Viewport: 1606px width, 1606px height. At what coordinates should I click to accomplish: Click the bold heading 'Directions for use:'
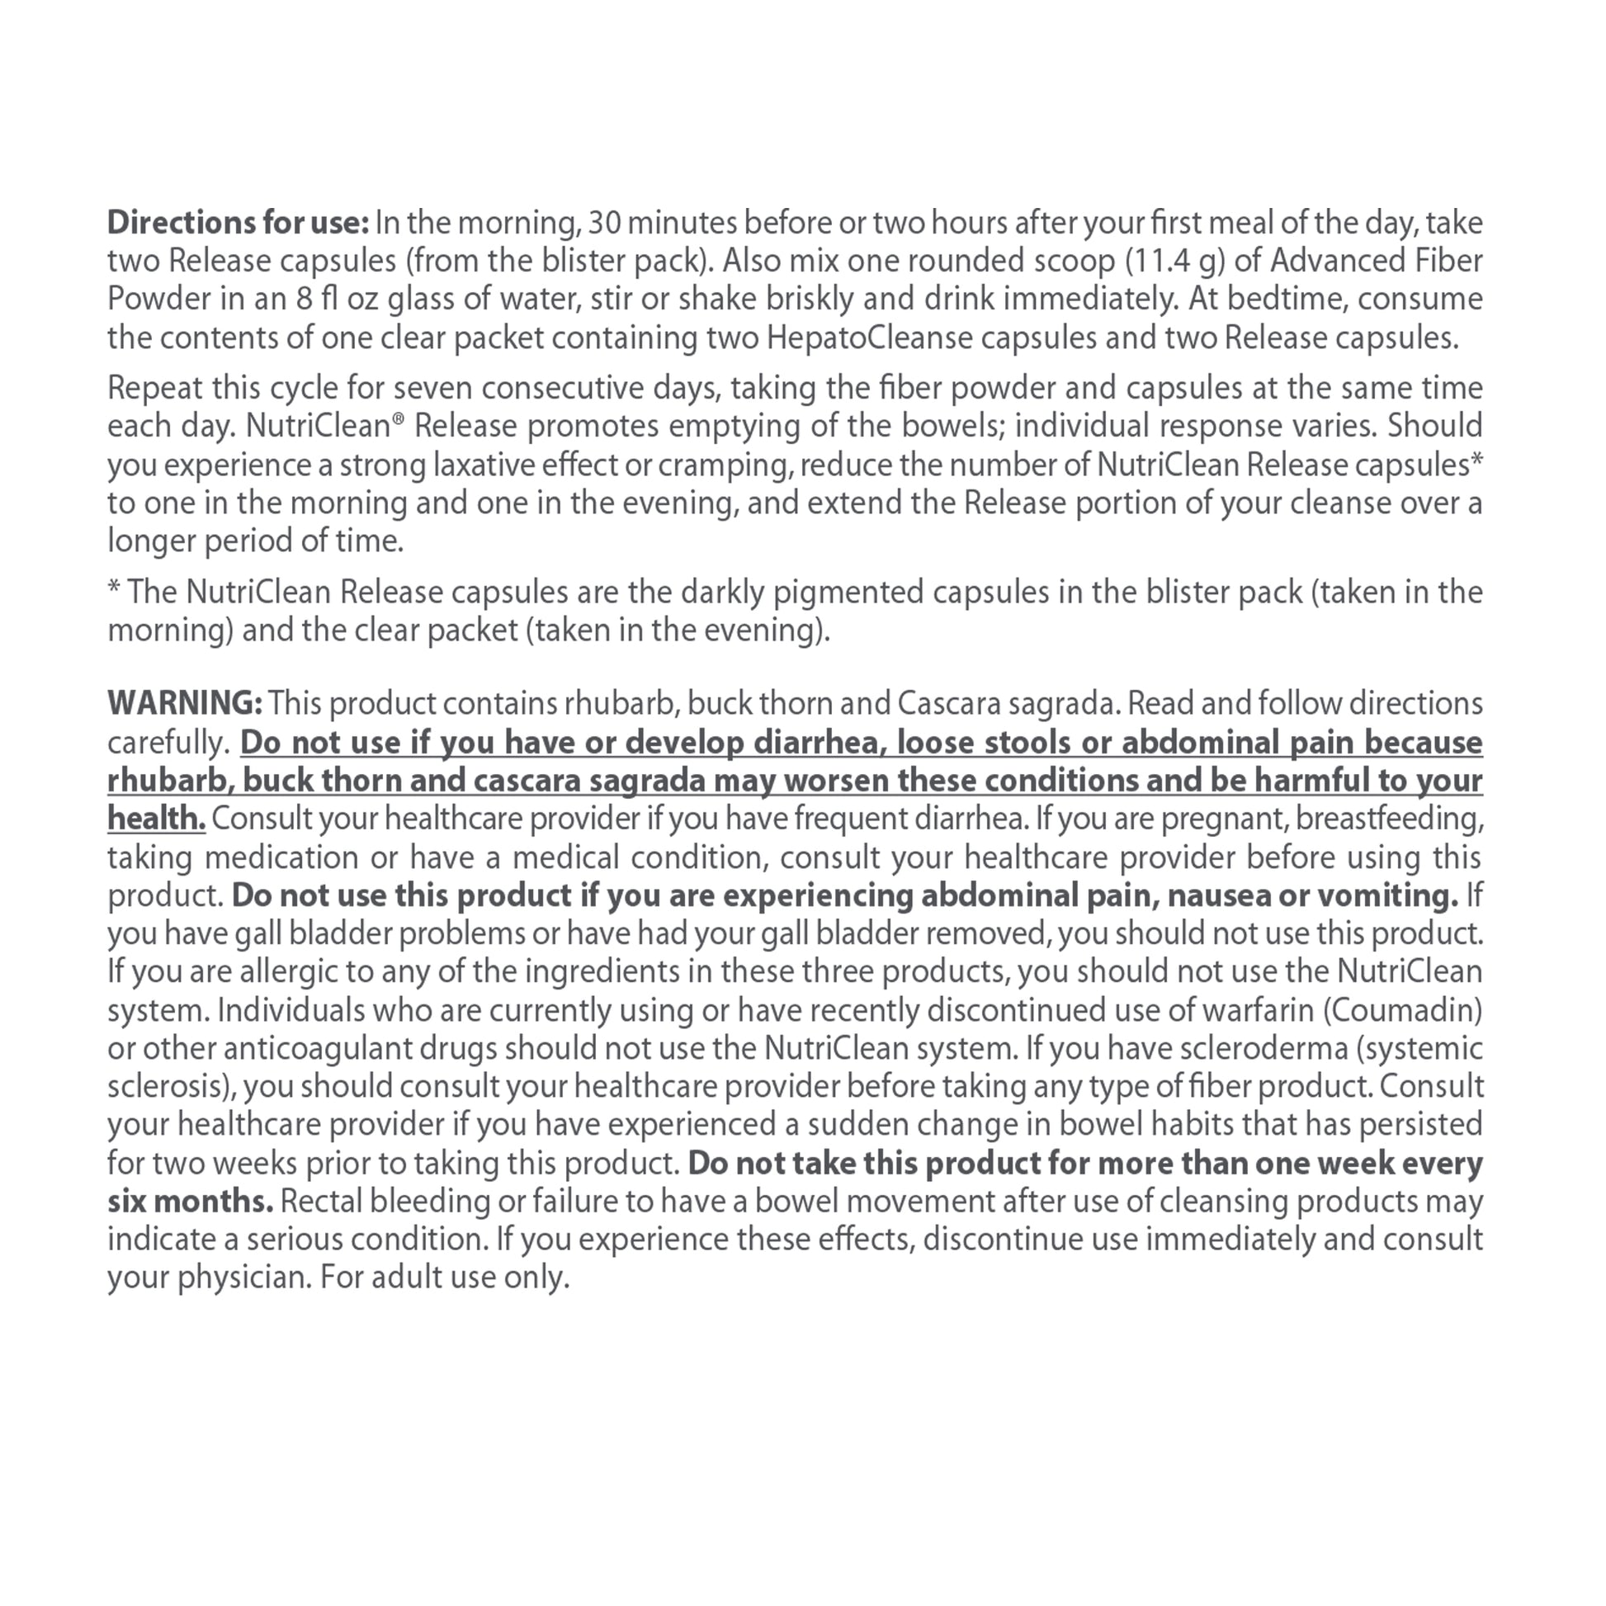238,223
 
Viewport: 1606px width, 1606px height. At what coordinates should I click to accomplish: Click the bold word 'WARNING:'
185,704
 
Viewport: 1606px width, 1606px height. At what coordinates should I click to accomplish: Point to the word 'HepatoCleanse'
870,338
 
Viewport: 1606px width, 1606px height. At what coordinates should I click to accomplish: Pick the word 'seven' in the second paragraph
427,388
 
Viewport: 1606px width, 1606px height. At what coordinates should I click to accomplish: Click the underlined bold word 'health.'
155,819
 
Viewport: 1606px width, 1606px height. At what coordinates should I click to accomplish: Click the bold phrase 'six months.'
191,1201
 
